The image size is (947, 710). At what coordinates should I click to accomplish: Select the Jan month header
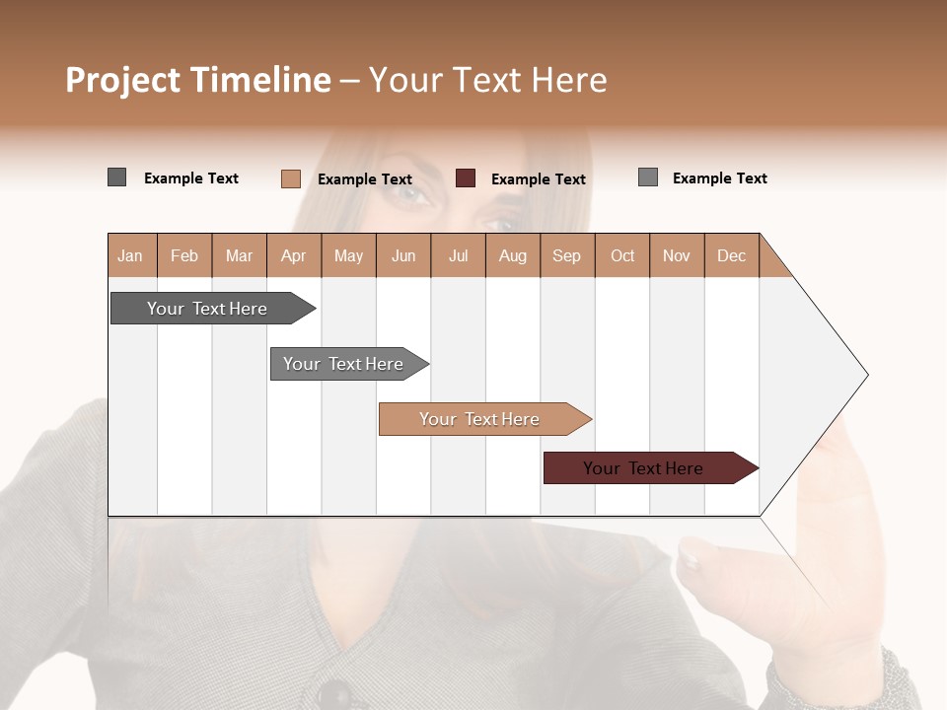point(131,255)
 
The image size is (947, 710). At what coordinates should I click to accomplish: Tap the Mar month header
point(239,255)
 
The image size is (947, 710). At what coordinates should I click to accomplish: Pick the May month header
point(348,255)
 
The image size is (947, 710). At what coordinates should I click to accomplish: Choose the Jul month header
point(458,255)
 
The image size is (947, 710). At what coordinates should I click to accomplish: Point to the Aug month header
point(512,255)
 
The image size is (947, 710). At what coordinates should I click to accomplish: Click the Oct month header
point(621,255)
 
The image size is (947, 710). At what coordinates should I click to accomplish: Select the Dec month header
point(731,255)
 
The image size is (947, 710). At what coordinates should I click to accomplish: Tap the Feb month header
point(184,255)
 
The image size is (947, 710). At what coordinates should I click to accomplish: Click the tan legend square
point(290,178)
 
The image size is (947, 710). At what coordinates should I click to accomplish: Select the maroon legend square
point(466,178)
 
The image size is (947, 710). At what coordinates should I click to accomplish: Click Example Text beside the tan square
point(364,179)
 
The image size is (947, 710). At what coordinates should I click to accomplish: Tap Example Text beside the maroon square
point(538,179)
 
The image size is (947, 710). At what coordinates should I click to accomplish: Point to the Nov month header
point(676,255)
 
